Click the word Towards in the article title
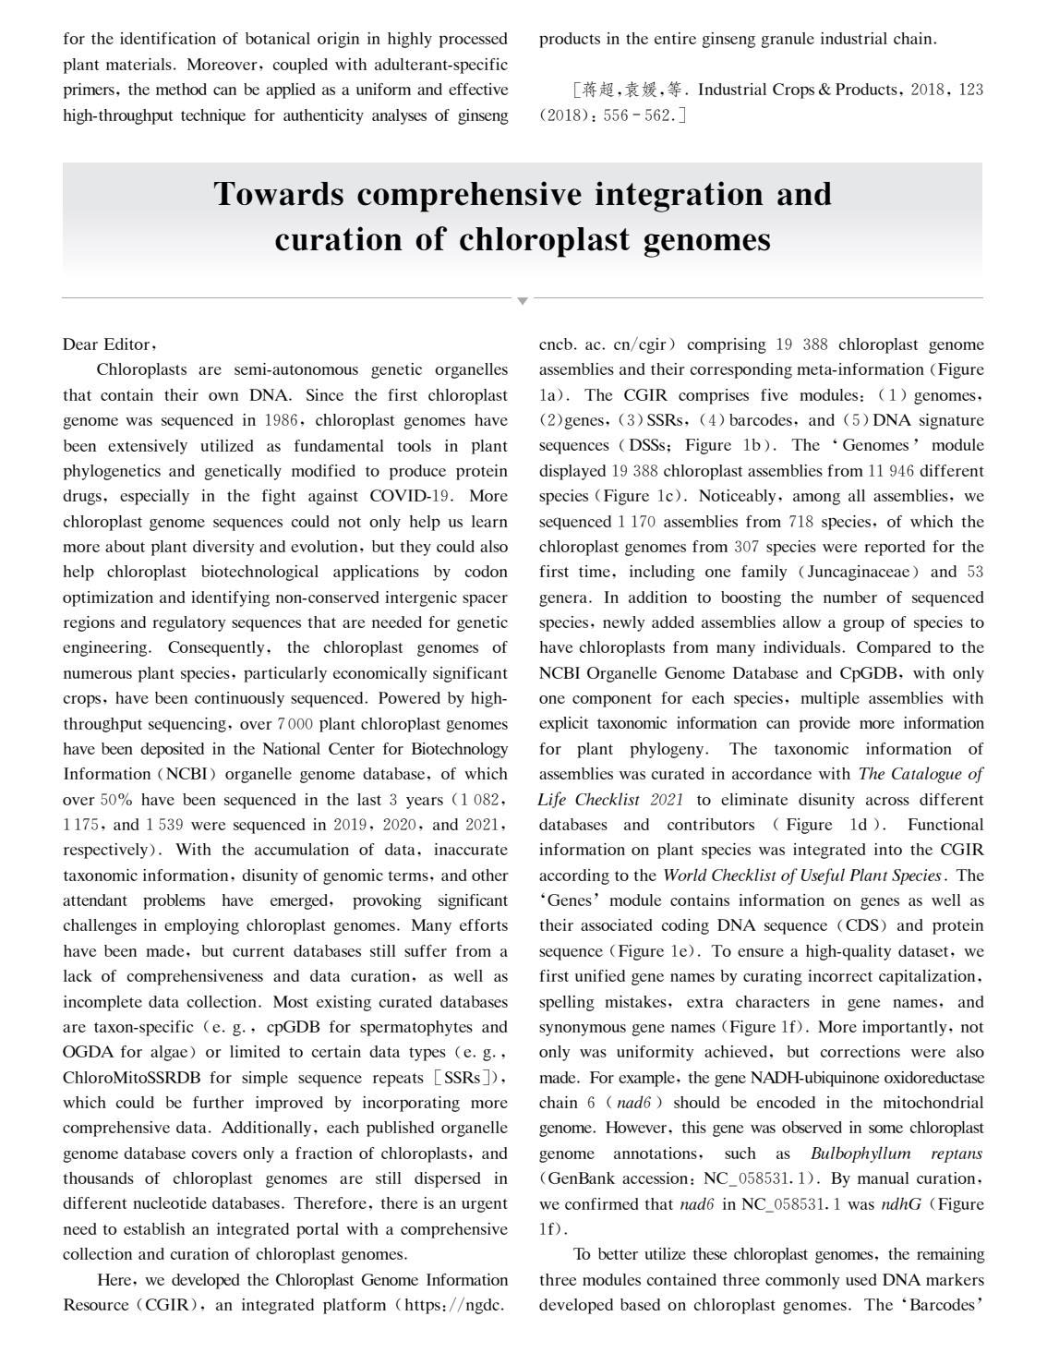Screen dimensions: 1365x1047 point(278,195)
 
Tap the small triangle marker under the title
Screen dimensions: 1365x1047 point(523,301)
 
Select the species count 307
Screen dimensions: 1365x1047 point(745,547)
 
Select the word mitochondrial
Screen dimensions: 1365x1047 point(932,1103)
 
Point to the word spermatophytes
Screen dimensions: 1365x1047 point(411,1027)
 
